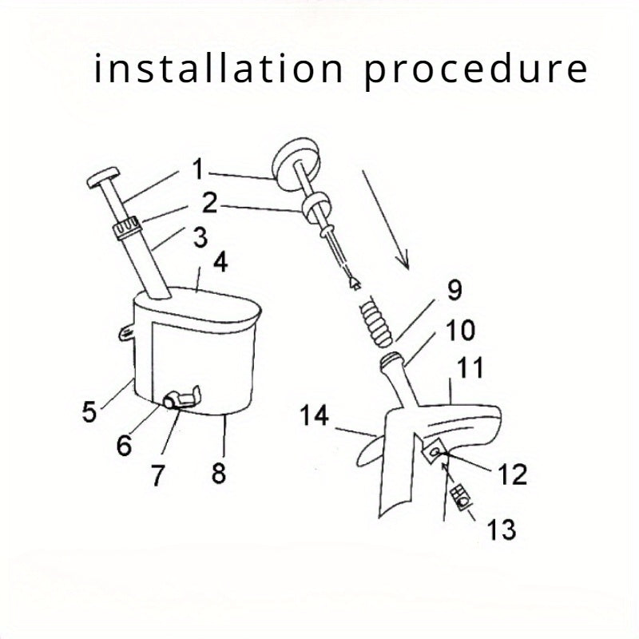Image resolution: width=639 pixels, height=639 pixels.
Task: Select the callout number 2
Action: click(x=210, y=202)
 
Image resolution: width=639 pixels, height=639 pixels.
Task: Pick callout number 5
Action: click(x=89, y=413)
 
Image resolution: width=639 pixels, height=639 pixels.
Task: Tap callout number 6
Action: click(x=124, y=444)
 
